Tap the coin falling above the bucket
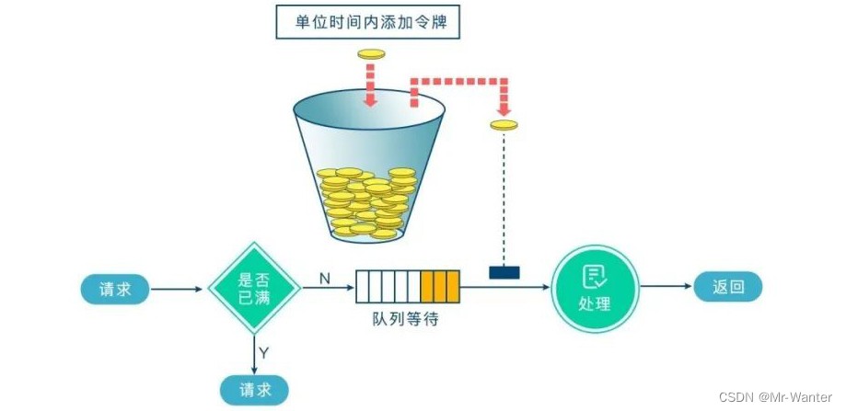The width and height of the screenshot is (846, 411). (371, 55)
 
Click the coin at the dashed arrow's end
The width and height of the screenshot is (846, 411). (504, 125)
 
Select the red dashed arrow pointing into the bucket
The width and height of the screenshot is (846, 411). (371, 86)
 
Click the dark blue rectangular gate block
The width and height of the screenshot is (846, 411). (504, 272)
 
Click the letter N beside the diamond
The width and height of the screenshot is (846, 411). (324, 277)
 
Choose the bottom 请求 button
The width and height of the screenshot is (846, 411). (254, 388)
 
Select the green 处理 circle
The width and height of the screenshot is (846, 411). (596, 287)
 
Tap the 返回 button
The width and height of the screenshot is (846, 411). (727, 287)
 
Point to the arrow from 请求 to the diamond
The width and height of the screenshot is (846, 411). (177, 288)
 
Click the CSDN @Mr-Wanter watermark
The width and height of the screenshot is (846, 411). (782, 398)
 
